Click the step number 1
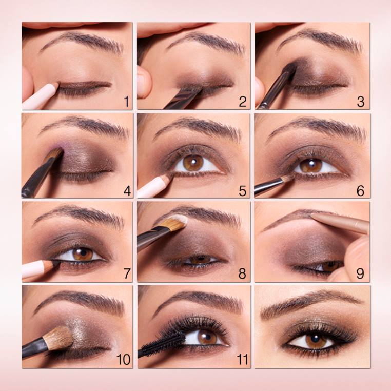127,102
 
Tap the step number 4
127,191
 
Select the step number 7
127,273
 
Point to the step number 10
124,360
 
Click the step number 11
242,360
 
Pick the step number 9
360,273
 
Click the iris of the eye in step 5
193,163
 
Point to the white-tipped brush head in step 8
175,222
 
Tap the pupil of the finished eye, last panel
316,339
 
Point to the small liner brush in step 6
275,184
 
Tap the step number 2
243,102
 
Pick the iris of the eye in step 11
207,338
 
